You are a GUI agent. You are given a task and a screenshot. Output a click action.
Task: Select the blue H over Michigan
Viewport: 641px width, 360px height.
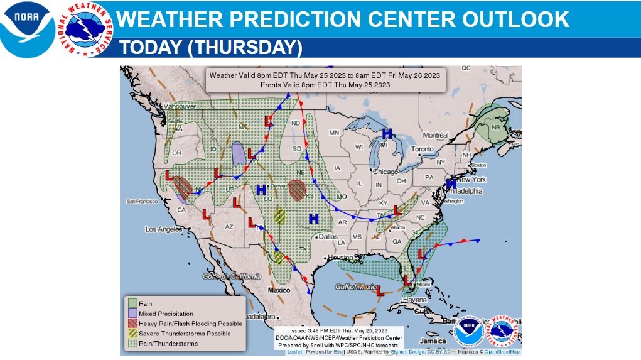[x=387, y=133]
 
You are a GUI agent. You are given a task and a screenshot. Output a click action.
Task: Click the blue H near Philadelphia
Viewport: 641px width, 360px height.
[x=450, y=183]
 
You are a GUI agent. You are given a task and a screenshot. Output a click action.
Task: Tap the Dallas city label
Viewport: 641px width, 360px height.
[x=328, y=237]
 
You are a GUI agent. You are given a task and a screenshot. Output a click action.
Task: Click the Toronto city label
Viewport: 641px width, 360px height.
[x=423, y=149]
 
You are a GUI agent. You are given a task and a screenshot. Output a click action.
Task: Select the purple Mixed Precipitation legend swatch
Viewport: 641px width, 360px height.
[x=132, y=314]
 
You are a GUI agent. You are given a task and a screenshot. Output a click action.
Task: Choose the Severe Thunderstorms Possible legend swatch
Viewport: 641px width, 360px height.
[x=132, y=334]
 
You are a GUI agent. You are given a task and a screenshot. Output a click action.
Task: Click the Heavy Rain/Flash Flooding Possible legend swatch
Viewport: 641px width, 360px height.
[x=132, y=324]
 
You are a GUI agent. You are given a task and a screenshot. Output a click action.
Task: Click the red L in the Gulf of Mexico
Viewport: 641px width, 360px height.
[x=380, y=291]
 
